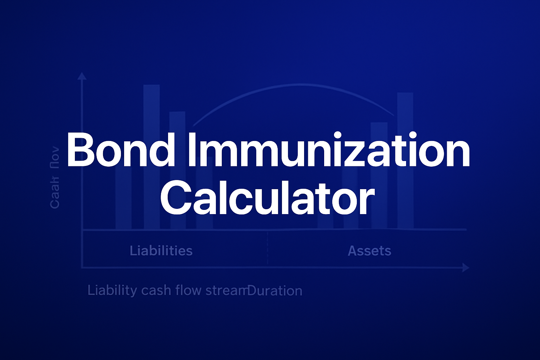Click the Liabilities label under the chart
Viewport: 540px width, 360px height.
(x=161, y=251)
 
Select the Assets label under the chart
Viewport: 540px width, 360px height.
(x=369, y=251)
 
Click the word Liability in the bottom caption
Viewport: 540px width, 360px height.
(x=112, y=291)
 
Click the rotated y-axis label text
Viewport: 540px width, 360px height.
(x=55, y=178)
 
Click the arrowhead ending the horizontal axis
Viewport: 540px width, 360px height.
(x=466, y=268)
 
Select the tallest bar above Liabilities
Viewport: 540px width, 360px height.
(x=152, y=105)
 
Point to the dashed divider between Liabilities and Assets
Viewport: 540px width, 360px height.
(x=268, y=248)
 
